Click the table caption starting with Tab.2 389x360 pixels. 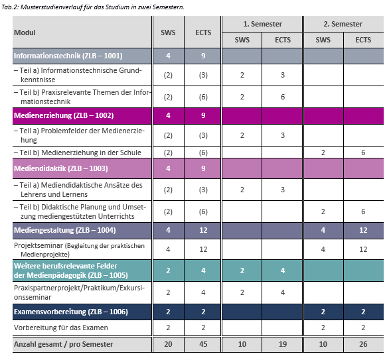93,7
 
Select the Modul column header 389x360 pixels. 25,32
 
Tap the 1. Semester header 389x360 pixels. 262,24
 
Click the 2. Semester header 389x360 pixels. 343,24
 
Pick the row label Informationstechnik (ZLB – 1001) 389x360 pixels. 68,56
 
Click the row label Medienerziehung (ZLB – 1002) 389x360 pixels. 64,115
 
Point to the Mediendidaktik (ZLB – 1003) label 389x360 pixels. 61,168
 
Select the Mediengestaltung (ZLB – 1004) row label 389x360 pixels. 65,230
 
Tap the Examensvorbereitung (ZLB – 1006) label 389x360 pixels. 71,312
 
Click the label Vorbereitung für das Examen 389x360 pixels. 61,328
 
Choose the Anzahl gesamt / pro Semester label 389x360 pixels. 63,344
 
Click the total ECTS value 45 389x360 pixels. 203,344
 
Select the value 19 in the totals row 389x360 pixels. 283,344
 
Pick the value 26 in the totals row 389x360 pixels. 363,344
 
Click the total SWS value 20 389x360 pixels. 168,344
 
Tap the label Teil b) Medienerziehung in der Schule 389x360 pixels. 78,152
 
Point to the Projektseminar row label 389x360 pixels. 80,250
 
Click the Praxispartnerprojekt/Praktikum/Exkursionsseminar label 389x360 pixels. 80,292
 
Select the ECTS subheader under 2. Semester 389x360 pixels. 363,40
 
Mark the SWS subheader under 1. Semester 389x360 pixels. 242,40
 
